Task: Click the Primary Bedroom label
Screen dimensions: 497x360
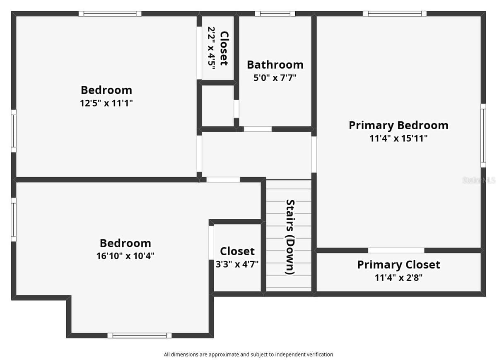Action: pos(398,126)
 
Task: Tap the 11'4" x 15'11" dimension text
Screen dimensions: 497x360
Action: pos(398,138)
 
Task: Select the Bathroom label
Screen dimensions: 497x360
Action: pos(275,65)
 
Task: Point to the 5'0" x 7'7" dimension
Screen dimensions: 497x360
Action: pos(275,78)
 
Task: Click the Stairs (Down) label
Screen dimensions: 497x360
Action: pos(290,237)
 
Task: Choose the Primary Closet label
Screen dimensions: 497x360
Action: pos(399,265)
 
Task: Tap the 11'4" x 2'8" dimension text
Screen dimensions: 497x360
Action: pos(399,278)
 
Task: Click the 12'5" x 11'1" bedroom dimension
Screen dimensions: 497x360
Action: pos(106,103)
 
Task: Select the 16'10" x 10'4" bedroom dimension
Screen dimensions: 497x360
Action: pos(125,256)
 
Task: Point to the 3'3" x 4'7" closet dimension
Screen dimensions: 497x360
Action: pos(237,264)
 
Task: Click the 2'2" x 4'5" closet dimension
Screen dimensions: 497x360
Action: pos(212,48)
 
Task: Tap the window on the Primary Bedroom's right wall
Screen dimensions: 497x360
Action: pos(483,135)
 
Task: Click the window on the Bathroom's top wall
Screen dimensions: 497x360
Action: pos(275,14)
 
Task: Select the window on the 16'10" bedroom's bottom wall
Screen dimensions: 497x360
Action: pos(140,336)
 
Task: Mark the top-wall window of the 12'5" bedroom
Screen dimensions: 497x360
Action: pos(110,14)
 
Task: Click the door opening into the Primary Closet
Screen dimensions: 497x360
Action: pos(396,250)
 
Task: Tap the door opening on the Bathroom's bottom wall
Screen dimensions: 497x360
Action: pos(258,129)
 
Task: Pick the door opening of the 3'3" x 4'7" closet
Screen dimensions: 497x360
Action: pos(211,243)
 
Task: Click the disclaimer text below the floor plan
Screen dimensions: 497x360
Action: pos(248,355)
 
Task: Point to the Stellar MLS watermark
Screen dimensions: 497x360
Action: pos(479,180)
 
